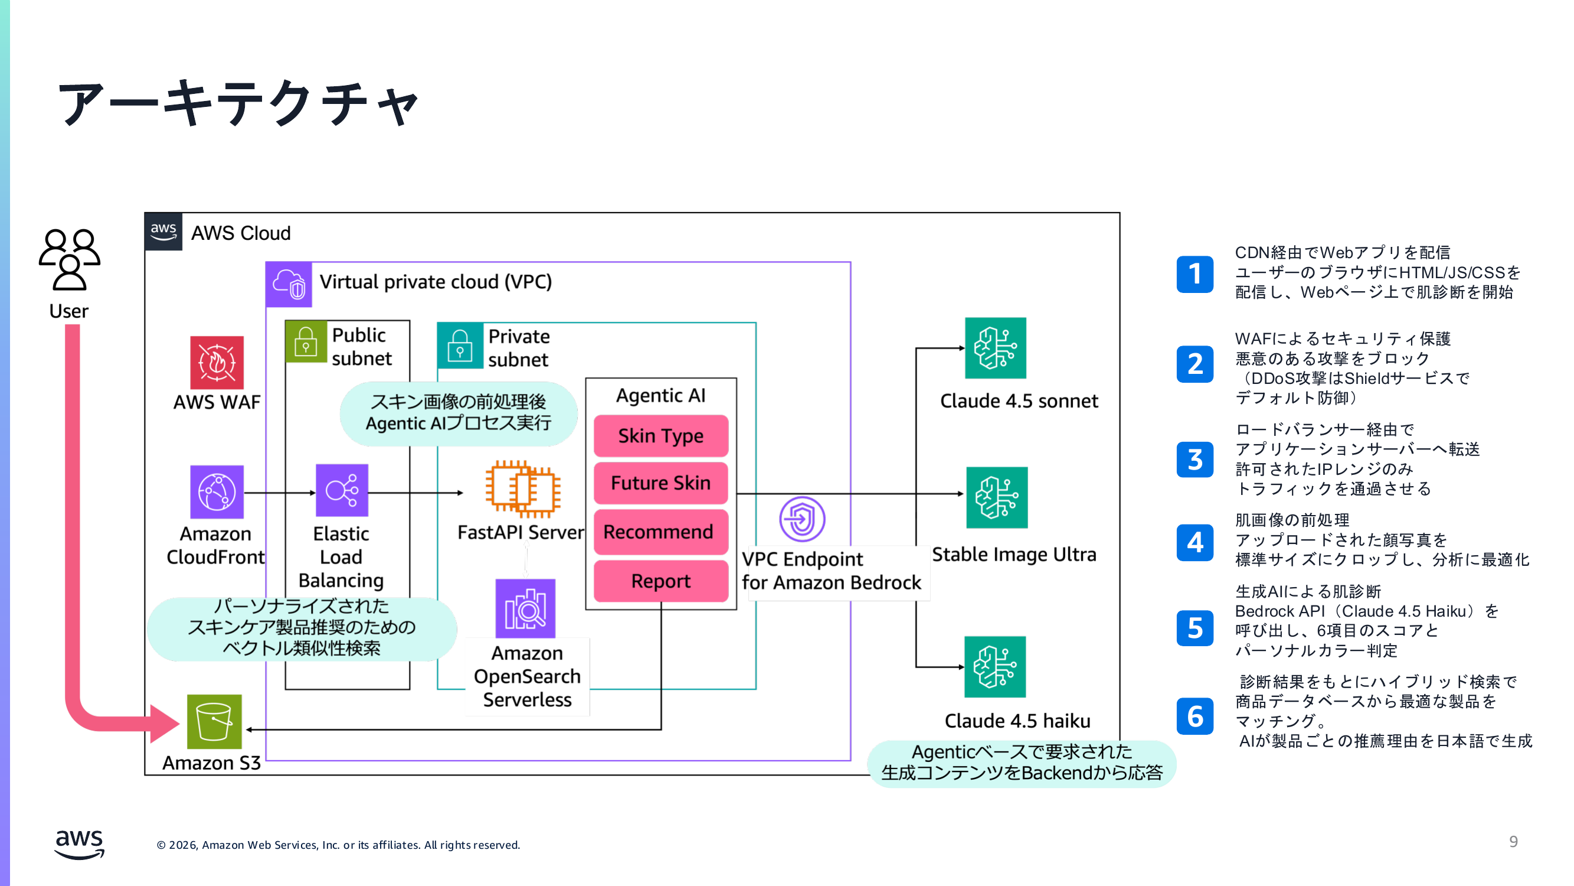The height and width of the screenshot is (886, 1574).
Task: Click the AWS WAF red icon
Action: pyautogui.click(x=217, y=363)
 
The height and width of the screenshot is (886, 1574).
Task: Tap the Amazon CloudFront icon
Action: pyautogui.click(x=217, y=491)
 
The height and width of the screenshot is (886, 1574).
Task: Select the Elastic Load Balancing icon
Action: pyautogui.click(x=342, y=490)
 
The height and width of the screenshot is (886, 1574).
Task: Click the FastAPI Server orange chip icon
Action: pyautogui.click(x=522, y=489)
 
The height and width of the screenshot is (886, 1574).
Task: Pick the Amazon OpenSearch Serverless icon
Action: pyautogui.click(x=525, y=609)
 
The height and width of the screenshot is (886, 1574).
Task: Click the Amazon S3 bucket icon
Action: pyautogui.click(x=214, y=722)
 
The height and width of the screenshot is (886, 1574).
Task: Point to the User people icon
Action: pyautogui.click(x=69, y=259)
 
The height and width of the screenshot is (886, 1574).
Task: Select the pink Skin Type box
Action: pyautogui.click(x=660, y=436)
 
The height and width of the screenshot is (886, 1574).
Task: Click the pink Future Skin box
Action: pyautogui.click(x=660, y=483)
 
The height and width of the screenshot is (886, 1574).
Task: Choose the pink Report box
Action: pyautogui.click(x=660, y=581)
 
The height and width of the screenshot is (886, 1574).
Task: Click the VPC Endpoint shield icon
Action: pyautogui.click(x=801, y=519)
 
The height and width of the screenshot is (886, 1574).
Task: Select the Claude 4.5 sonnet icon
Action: pyautogui.click(x=996, y=348)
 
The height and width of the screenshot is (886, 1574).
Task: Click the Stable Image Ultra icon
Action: pyautogui.click(x=997, y=498)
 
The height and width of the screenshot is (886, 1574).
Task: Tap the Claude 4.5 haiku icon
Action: pyautogui.click(x=995, y=667)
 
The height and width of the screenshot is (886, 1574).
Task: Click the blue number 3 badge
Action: pyautogui.click(x=1195, y=460)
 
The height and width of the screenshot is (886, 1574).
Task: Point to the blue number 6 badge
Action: pyautogui.click(x=1195, y=716)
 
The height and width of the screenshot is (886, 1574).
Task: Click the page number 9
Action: pyautogui.click(x=1513, y=842)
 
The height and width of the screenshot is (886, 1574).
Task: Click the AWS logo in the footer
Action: pyautogui.click(x=80, y=845)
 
